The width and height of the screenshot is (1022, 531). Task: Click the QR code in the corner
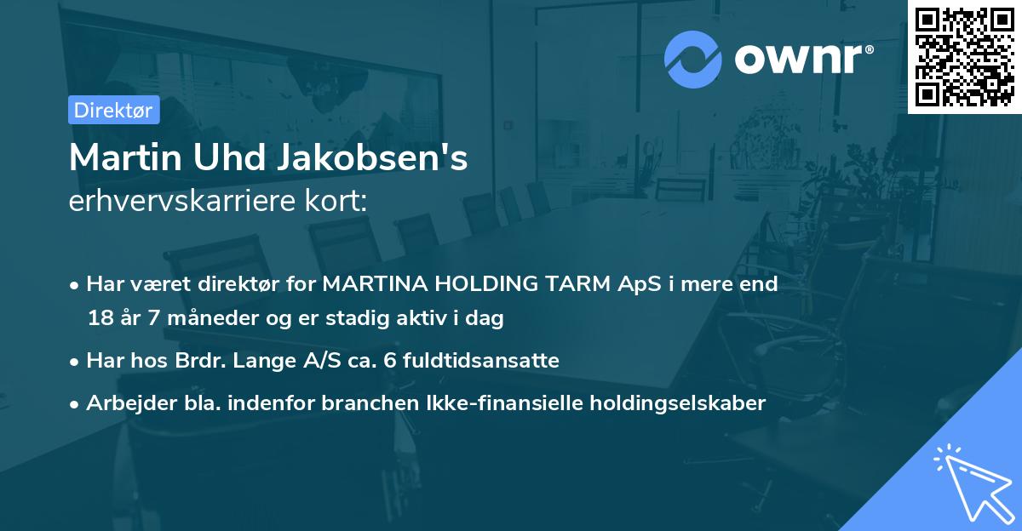click(x=964, y=57)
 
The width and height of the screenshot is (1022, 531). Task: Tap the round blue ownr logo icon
click(x=693, y=59)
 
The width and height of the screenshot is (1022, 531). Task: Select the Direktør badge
click(x=113, y=109)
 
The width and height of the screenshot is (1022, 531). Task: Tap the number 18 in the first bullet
click(x=99, y=319)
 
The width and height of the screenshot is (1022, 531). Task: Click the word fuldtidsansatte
click(x=480, y=361)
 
